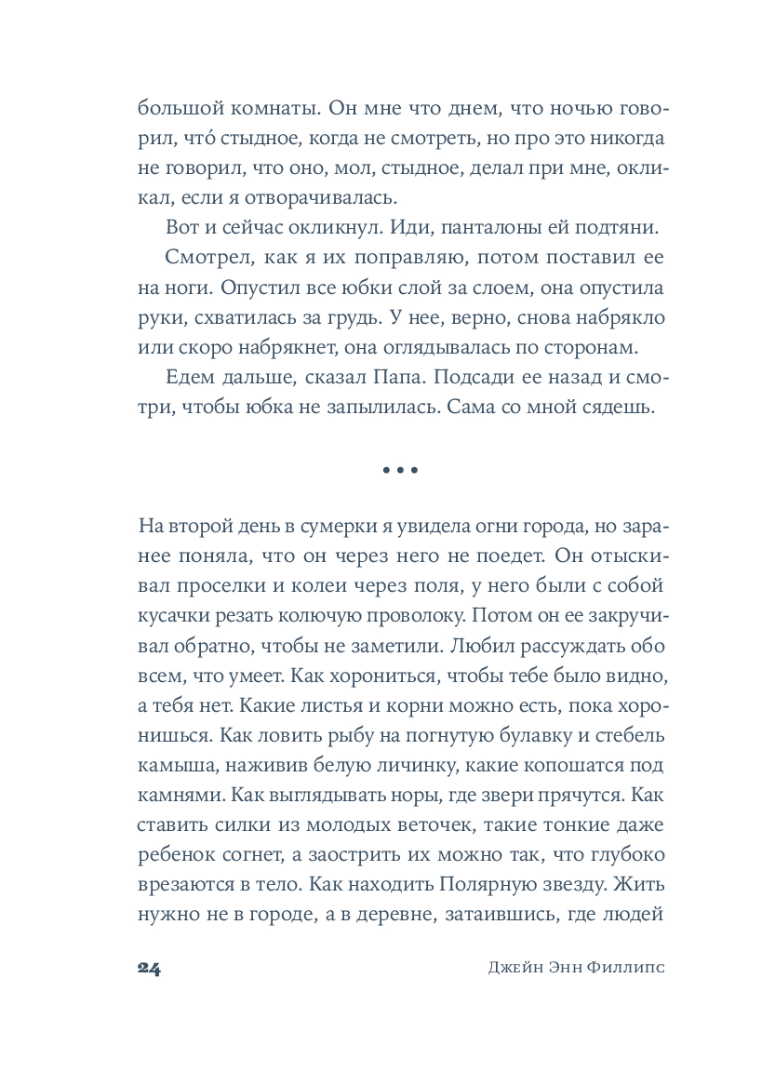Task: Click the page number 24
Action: pyautogui.click(x=149, y=967)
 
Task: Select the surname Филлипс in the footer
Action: pyautogui.click(x=631, y=967)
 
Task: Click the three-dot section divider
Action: pyautogui.click(x=401, y=471)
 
